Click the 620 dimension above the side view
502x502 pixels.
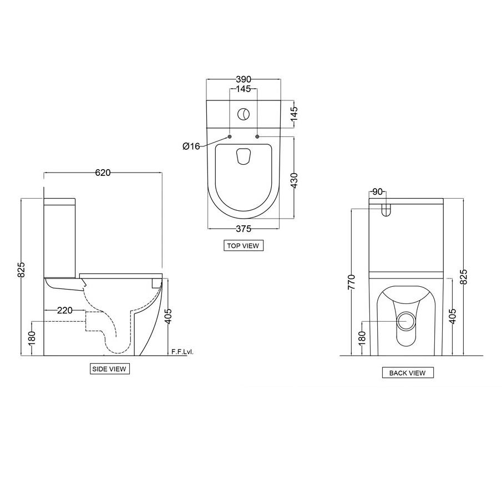tap(103, 173)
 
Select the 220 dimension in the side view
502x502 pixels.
tap(65, 310)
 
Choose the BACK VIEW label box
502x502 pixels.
tap(407, 373)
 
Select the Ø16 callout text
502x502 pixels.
tap(191, 146)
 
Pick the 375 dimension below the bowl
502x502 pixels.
tap(244, 229)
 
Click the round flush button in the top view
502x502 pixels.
tap(244, 114)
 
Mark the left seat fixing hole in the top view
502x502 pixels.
tap(230, 136)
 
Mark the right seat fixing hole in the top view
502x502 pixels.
tap(257, 136)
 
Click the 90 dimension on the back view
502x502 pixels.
tap(377, 192)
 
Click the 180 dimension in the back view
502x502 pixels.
tap(362, 337)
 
